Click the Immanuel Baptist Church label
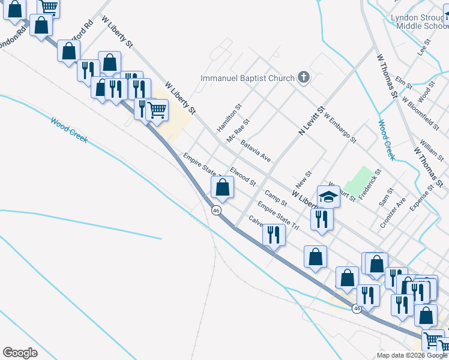click(x=248, y=78)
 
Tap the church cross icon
click(x=304, y=78)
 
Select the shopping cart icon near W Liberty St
click(x=157, y=109)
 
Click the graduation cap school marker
click(x=328, y=196)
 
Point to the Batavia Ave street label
click(x=256, y=151)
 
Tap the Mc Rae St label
click(x=238, y=130)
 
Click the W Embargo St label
click(x=340, y=128)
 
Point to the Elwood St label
click(x=243, y=176)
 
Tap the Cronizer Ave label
click(x=393, y=213)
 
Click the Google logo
click(x=20, y=352)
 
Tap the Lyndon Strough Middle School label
click(x=416, y=22)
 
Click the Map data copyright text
click(x=412, y=355)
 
